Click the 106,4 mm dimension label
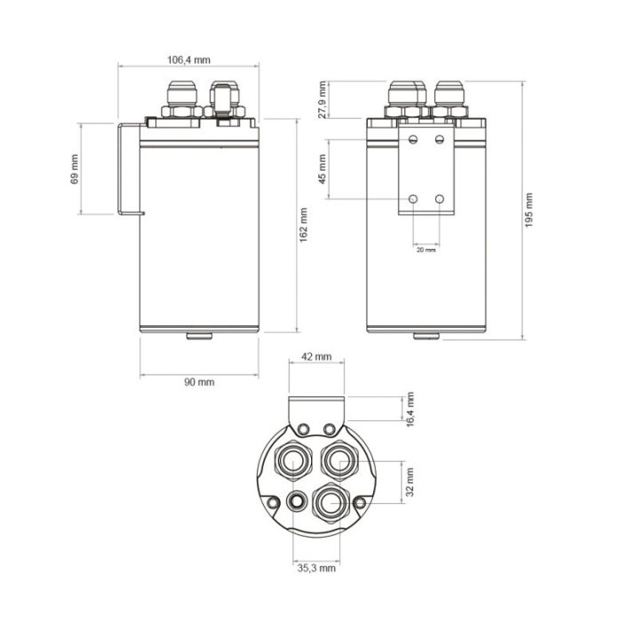[x=188, y=60]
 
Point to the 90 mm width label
[x=199, y=382]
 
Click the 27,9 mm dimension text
[x=323, y=100]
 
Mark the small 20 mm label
[x=427, y=251]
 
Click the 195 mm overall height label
[x=530, y=211]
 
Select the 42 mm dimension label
[x=316, y=356]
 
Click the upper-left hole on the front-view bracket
[x=413, y=140]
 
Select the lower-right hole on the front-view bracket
[x=440, y=199]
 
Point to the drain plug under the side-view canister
[x=199, y=336]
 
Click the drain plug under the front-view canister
[x=427, y=336]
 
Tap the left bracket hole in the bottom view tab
[x=305, y=430]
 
